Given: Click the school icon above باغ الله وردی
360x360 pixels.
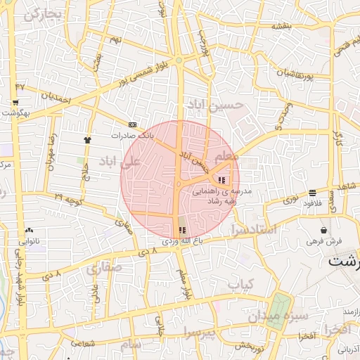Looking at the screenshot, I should (183, 230).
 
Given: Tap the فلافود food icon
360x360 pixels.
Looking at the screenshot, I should (311, 192).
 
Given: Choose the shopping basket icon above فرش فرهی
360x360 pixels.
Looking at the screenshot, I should (323, 230).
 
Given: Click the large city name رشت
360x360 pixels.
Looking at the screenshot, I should (344, 260).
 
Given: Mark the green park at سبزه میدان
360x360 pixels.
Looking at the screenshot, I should (281, 307).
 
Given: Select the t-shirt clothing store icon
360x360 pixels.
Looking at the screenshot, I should (87, 139).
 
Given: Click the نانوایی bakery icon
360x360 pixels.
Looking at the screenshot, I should (29, 230).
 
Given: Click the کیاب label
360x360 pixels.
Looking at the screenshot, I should (240, 284).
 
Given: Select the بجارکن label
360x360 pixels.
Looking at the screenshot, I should (43, 14).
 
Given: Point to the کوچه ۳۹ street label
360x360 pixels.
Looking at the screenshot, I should (69, 200).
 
